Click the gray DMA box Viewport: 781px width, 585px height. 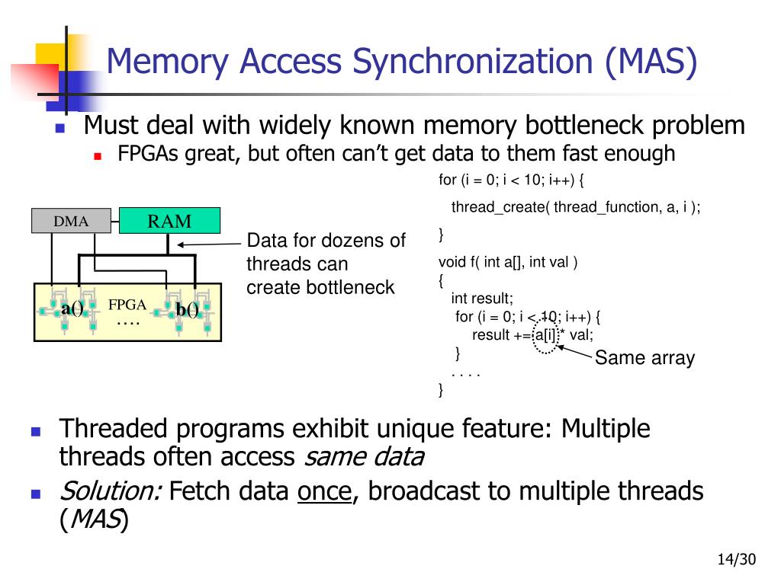click(x=71, y=221)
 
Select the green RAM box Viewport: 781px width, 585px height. click(x=169, y=220)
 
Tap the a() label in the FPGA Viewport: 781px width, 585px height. click(x=72, y=308)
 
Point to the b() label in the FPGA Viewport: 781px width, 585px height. click(x=188, y=309)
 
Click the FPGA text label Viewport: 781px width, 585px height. click(x=127, y=305)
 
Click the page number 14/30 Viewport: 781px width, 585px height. click(x=737, y=559)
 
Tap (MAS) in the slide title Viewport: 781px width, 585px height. click(x=651, y=62)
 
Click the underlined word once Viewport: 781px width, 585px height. click(x=325, y=491)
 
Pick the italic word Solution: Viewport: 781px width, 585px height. click(x=111, y=491)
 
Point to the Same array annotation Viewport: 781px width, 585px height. click(x=645, y=357)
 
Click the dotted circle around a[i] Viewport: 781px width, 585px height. click(x=545, y=336)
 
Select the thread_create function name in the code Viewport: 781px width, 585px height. click(x=498, y=207)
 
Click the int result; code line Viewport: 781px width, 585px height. click(x=482, y=298)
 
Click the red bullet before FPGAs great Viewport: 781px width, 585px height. click(x=98, y=156)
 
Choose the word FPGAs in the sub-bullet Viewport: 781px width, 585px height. click(x=148, y=154)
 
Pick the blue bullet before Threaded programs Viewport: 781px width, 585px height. click(x=35, y=431)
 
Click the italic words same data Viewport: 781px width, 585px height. click(x=365, y=457)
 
